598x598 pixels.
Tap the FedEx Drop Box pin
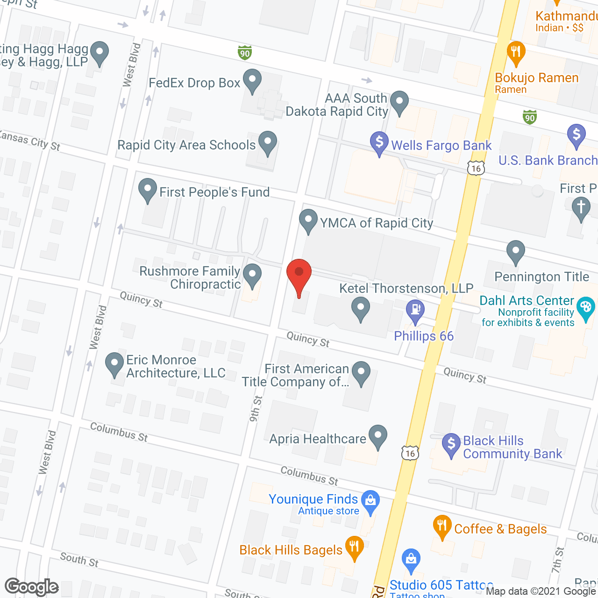pyautogui.click(x=252, y=81)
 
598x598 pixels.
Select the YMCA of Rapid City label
pyautogui.click(x=376, y=223)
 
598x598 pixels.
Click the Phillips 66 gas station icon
pyautogui.click(x=415, y=310)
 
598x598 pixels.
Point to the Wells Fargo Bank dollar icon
pyautogui.click(x=379, y=142)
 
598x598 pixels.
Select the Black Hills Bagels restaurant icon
pyautogui.click(x=354, y=547)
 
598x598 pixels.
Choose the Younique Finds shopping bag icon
pyautogui.click(x=370, y=501)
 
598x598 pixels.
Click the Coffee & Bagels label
pyautogui.click(x=500, y=529)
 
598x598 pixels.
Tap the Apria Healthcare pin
pyautogui.click(x=378, y=436)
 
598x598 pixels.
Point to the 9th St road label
pyautogui.click(x=256, y=409)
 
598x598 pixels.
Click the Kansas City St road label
pyautogui.click(x=30, y=140)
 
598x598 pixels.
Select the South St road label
pyautogui.click(x=79, y=559)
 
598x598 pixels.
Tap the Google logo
pyautogui.click(x=32, y=587)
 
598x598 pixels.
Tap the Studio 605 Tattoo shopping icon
pyautogui.click(x=411, y=560)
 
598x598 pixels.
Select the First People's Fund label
pyautogui.click(x=214, y=192)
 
